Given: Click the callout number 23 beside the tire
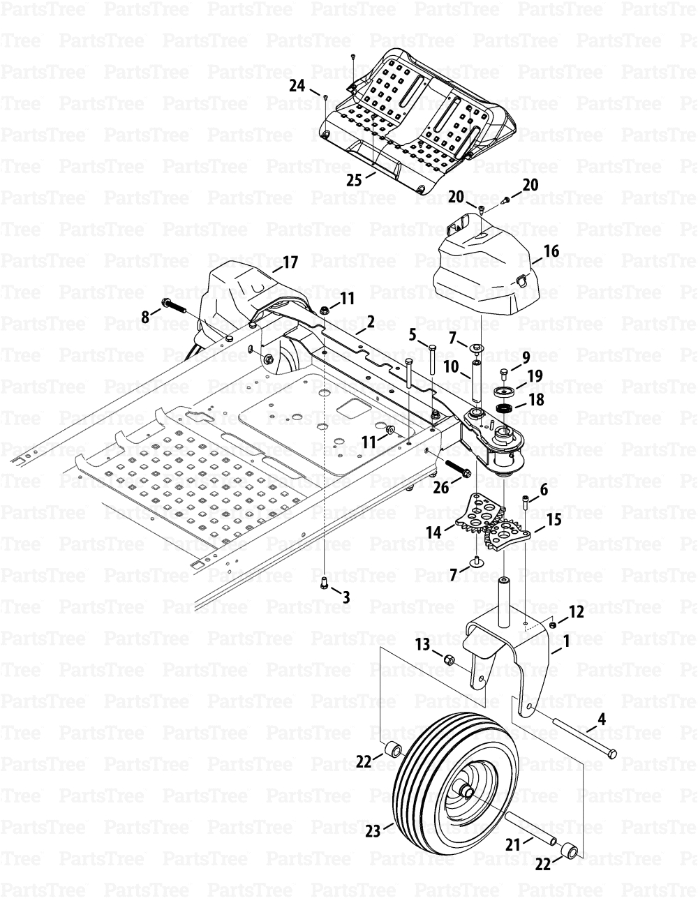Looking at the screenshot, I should [373, 831].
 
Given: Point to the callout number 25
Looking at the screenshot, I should [354, 179].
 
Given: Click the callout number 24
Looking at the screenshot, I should [297, 85].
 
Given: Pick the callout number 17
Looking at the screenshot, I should [289, 262].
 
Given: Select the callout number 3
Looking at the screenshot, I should [346, 596].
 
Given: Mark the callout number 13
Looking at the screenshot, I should [423, 643].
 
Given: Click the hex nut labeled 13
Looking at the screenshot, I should [449, 658].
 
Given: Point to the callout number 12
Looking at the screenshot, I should [576, 611].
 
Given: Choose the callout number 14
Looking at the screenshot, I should [433, 532].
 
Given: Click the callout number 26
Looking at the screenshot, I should [440, 488].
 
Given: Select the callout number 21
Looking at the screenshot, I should [513, 844].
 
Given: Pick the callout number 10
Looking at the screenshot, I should [450, 366].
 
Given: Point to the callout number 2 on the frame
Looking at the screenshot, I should [371, 322].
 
